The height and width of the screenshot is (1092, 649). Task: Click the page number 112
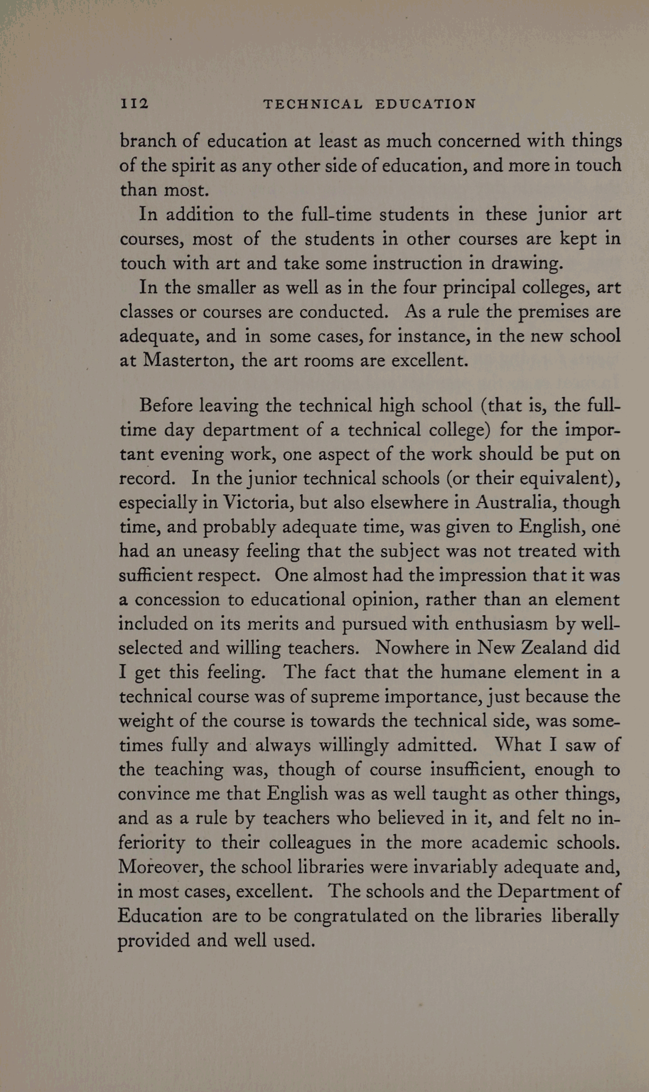pyautogui.click(x=135, y=104)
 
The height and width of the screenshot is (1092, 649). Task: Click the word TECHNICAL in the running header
pyautogui.click(x=313, y=104)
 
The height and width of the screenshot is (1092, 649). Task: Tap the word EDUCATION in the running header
pyautogui.click(x=426, y=104)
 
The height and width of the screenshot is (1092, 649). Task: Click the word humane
pyautogui.click(x=474, y=672)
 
